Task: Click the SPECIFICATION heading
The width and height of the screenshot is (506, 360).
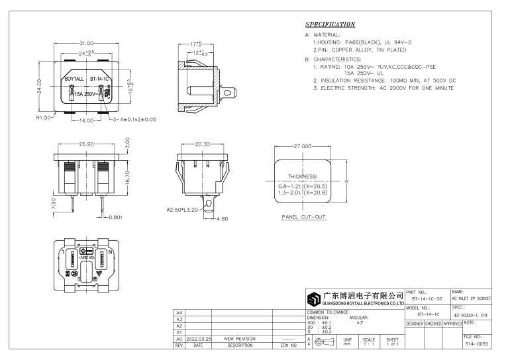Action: (330, 24)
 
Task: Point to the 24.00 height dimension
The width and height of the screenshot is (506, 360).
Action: (40, 87)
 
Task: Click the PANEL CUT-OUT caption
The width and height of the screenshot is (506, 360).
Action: (303, 217)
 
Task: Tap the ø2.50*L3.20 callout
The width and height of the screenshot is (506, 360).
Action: (183, 210)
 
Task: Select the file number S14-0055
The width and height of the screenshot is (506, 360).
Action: (476, 345)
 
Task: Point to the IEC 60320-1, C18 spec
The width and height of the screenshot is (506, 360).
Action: (474, 315)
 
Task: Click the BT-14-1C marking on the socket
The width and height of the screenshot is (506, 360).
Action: (99, 78)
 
